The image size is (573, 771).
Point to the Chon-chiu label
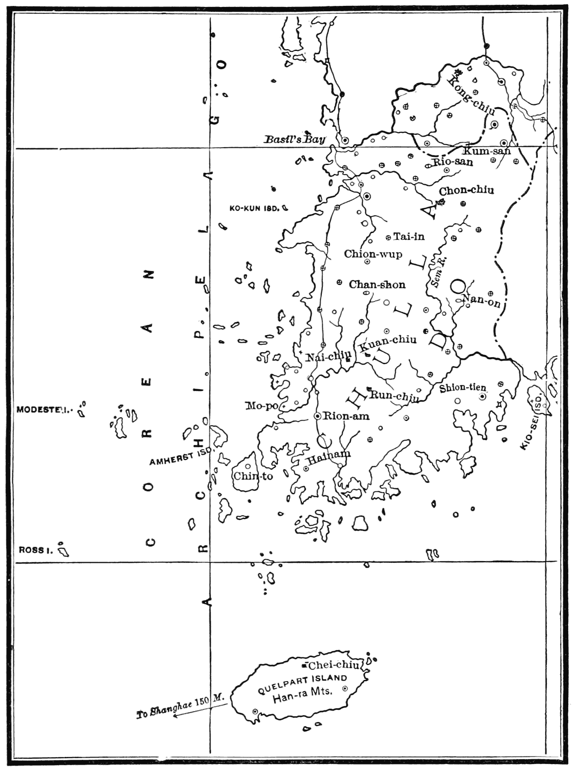pos(466,190)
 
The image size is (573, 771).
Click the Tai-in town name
pos(409,236)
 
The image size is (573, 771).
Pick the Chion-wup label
pos(373,254)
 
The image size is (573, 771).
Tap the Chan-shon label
pos(377,285)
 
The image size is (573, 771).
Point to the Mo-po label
pos(262,405)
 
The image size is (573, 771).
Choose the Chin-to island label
pos(253,475)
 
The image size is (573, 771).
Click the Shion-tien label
pos(463,388)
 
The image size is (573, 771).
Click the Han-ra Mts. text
pos(303,699)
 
